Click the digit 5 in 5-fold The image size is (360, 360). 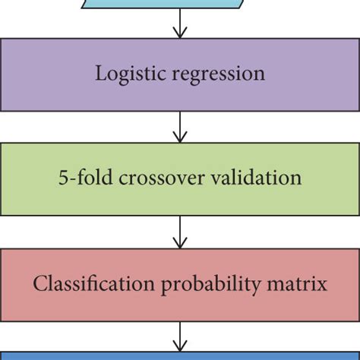pos(62,178)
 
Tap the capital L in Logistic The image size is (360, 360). pos(99,74)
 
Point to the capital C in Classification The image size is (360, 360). pos(38,284)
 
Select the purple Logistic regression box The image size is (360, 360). pos(180,95)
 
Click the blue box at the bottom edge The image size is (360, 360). pos(180,355)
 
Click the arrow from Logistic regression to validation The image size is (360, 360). pos(180,128)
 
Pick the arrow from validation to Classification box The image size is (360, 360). pos(180,232)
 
